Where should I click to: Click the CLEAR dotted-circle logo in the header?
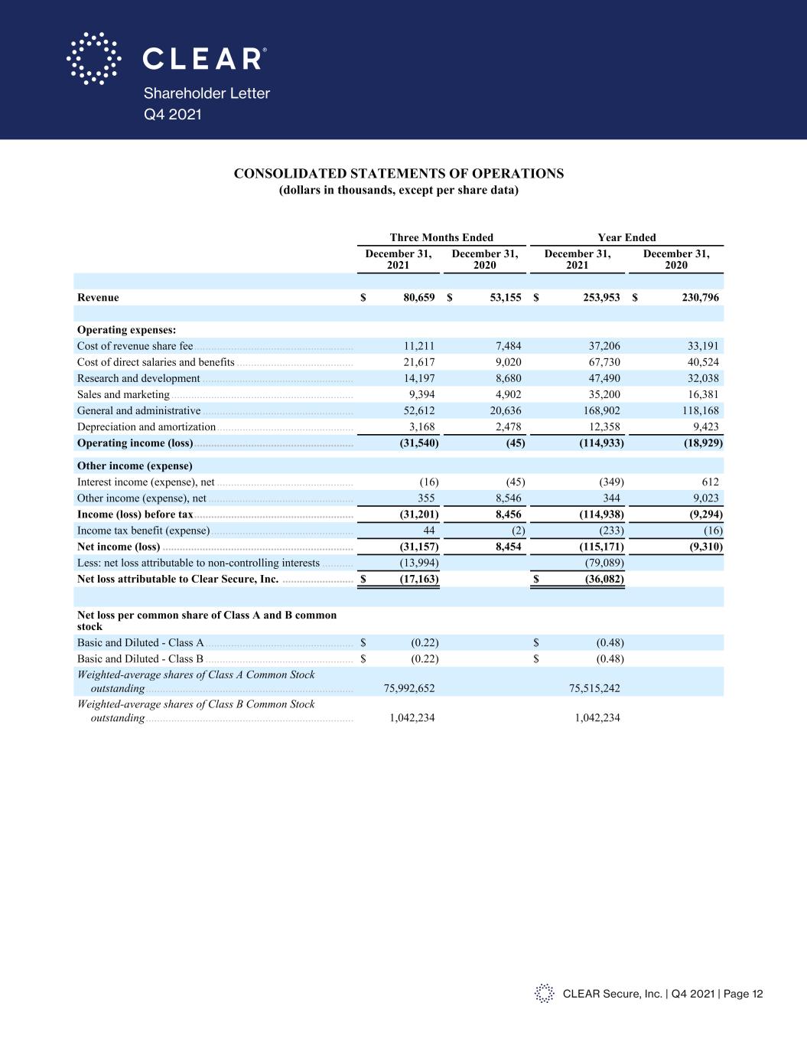[x=93, y=58]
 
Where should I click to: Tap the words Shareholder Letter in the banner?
[x=207, y=93]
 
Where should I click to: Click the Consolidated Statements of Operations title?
[x=399, y=173]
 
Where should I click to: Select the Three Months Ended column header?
[x=441, y=237]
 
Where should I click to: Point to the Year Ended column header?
[x=626, y=237]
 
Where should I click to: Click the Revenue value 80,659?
[x=419, y=297]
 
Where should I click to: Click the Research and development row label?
[x=138, y=378]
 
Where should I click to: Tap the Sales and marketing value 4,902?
[x=508, y=394]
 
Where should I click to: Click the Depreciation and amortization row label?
[x=146, y=426]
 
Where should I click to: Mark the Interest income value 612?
[x=709, y=482]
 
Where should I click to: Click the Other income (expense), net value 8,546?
[x=508, y=498]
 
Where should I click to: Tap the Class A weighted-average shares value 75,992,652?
[x=409, y=688]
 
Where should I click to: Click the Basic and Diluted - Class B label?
[x=140, y=658]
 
